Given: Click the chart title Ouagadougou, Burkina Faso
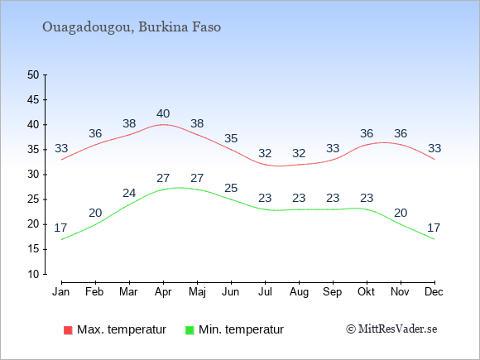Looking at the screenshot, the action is [x=132, y=27].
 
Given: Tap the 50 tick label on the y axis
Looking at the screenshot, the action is [x=33, y=74].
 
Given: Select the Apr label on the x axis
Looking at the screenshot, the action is [x=163, y=292].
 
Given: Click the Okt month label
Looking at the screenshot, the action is [x=366, y=292].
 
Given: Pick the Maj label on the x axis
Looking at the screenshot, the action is [x=197, y=292].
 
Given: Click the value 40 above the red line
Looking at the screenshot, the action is [x=163, y=114].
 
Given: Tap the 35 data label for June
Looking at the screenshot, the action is [x=231, y=138].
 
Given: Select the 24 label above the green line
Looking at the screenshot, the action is [x=129, y=193].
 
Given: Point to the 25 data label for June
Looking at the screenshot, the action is [x=231, y=188].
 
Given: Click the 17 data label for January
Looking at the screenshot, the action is [x=60, y=228].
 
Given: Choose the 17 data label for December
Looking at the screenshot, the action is [x=434, y=228].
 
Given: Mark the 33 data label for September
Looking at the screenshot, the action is [x=333, y=148].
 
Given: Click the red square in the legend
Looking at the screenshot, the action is [x=68, y=330].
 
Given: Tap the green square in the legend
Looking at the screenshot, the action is [x=190, y=330].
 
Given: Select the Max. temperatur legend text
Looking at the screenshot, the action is [x=122, y=329].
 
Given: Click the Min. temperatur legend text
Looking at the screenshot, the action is [x=241, y=329].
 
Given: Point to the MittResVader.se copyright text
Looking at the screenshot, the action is [x=391, y=329].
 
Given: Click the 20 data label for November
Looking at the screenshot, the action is [x=400, y=213].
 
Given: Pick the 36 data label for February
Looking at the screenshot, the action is [x=95, y=133].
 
